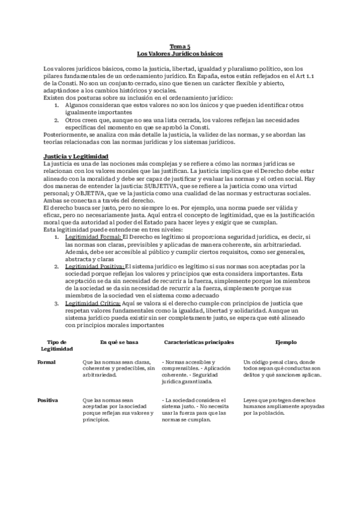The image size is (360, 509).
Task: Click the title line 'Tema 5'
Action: (x=180, y=46)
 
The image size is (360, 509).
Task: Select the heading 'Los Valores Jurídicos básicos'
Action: (x=180, y=53)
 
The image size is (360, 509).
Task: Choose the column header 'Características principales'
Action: (x=199, y=342)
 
